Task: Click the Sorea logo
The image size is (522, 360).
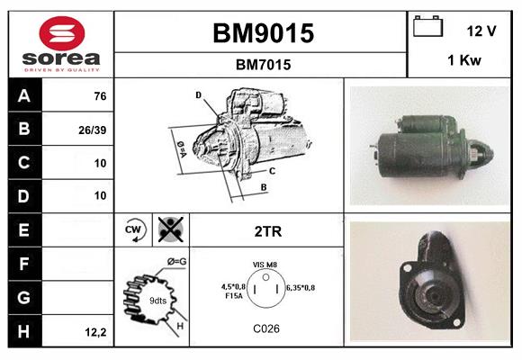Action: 61,45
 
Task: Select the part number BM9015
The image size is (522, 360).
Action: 263,33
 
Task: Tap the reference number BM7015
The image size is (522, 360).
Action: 263,65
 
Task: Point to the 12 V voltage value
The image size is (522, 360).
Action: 481,31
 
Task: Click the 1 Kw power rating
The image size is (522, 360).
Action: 462,60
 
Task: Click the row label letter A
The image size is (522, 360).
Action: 24,95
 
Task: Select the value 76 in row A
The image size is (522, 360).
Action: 100,96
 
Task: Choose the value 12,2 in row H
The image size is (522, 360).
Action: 96,331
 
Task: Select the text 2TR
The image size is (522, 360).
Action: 268,231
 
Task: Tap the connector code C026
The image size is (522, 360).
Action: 266,328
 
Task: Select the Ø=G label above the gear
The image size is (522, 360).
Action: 175,262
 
